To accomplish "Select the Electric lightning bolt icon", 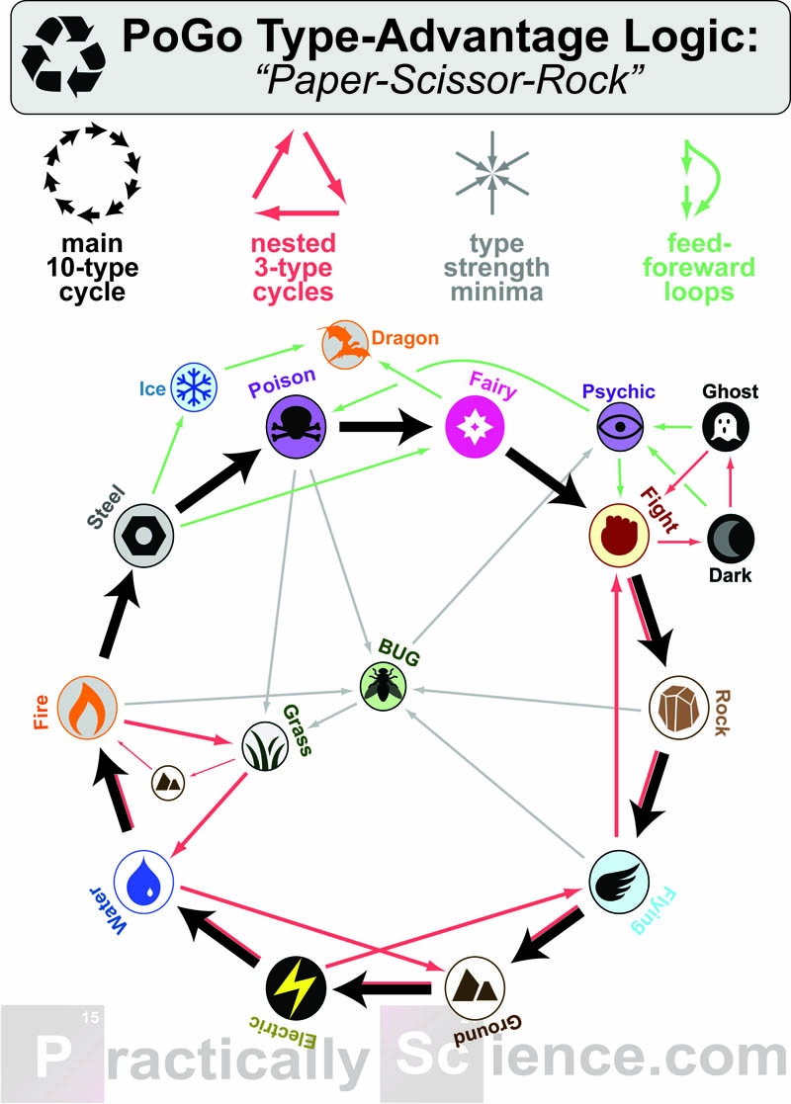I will click(x=295, y=988).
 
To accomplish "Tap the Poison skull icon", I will click(x=297, y=428).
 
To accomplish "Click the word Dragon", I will click(x=405, y=339).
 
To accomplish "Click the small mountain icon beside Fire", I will click(x=168, y=783).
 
